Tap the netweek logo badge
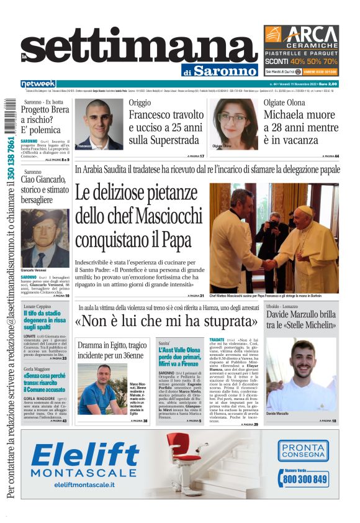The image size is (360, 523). tap(38, 83)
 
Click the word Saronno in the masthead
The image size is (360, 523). tap(225, 71)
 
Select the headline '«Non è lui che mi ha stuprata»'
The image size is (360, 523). tap(166, 322)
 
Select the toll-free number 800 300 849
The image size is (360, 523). tap(304, 479)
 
